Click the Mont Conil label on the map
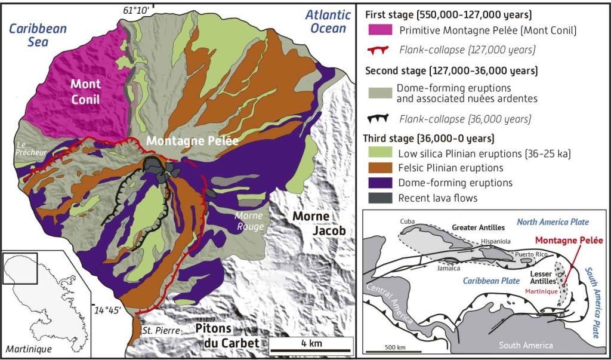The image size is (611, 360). pyautogui.click(x=87, y=90)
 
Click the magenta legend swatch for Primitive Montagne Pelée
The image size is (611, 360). pyautogui.click(x=378, y=30)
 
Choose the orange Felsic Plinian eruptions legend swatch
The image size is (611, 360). pyautogui.click(x=378, y=168)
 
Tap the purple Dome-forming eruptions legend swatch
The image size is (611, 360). pyautogui.click(x=378, y=182)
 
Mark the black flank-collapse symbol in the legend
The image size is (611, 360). pyautogui.click(x=378, y=119)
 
